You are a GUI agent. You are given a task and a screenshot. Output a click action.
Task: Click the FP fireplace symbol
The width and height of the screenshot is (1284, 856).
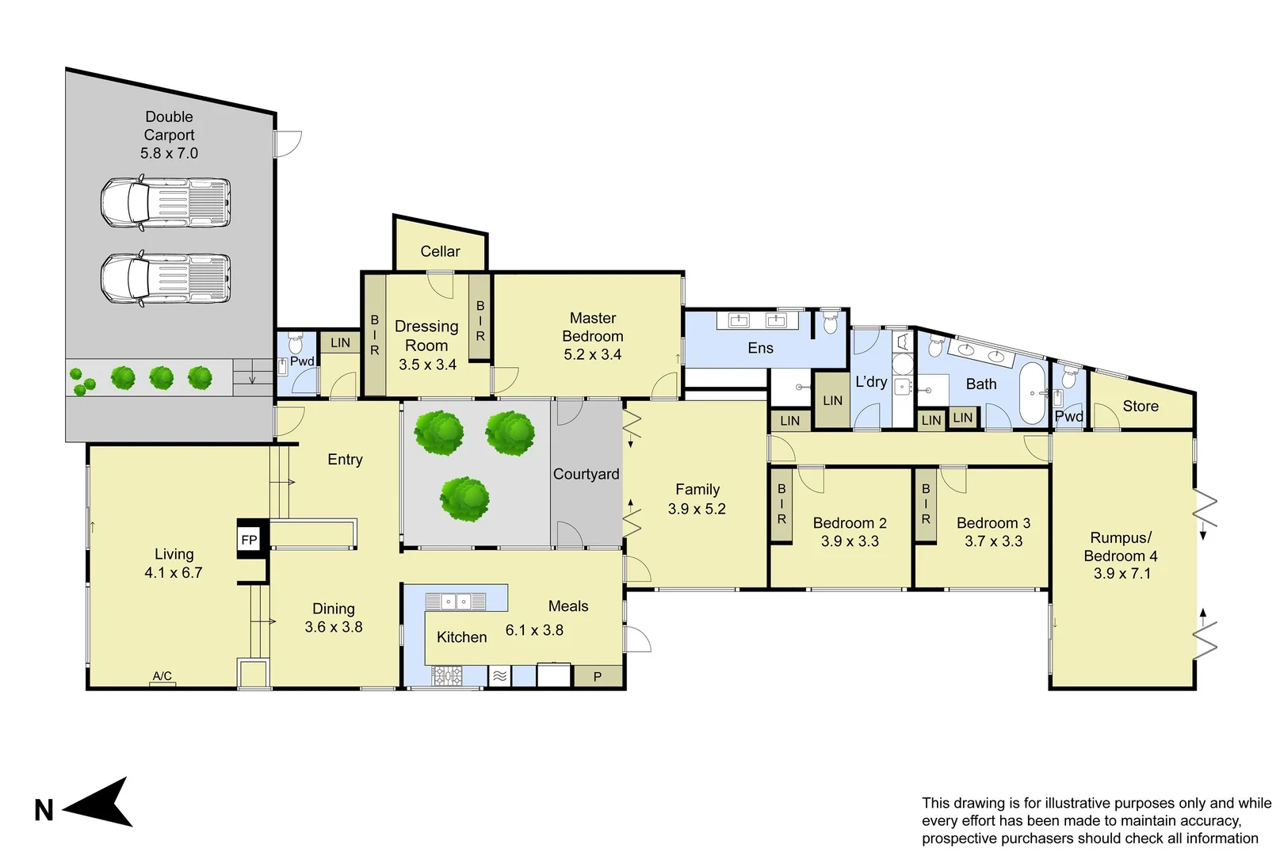[x=250, y=540]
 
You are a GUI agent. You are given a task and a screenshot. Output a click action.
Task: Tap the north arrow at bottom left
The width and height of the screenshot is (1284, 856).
[x=97, y=802]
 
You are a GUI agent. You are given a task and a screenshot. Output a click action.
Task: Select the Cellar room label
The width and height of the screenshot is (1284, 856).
[x=440, y=251]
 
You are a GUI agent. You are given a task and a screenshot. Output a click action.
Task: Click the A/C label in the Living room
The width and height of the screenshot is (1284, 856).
[x=162, y=676]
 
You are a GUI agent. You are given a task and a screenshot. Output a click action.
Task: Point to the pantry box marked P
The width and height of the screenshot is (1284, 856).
[x=598, y=676]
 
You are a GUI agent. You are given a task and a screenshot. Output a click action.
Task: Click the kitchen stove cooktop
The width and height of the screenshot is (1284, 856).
[x=446, y=675]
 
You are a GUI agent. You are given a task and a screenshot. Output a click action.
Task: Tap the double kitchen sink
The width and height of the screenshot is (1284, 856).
[x=456, y=602]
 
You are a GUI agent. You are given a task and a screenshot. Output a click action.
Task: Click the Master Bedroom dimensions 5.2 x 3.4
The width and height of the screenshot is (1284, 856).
[x=593, y=354]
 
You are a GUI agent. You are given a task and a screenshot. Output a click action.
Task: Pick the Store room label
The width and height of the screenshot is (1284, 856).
[x=1140, y=406]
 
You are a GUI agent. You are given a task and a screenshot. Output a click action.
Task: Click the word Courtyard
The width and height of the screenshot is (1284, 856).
[x=586, y=474]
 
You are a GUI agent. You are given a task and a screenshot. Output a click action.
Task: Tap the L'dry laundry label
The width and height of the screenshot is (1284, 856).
[x=871, y=382]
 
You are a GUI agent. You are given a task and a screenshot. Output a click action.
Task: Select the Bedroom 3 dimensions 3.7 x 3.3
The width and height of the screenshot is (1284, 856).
[x=993, y=541]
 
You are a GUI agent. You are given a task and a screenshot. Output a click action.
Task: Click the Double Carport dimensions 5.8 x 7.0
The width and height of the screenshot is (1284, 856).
[x=169, y=153]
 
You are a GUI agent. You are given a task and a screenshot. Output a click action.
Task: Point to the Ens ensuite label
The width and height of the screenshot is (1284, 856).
[x=761, y=348]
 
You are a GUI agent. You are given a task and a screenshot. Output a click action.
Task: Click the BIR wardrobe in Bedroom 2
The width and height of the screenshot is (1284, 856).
[x=781, y=505]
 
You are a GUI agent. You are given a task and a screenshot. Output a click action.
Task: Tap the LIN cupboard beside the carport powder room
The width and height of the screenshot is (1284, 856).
[x=340, y=343]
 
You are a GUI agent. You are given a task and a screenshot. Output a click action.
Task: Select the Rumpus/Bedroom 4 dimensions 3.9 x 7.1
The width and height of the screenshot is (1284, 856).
[x=1122, y=573]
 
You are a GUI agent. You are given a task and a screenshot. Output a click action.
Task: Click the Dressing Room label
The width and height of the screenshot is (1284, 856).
[x=427, y=335]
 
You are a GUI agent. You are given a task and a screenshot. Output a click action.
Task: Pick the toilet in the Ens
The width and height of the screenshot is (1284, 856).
[x=829, y=323]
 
